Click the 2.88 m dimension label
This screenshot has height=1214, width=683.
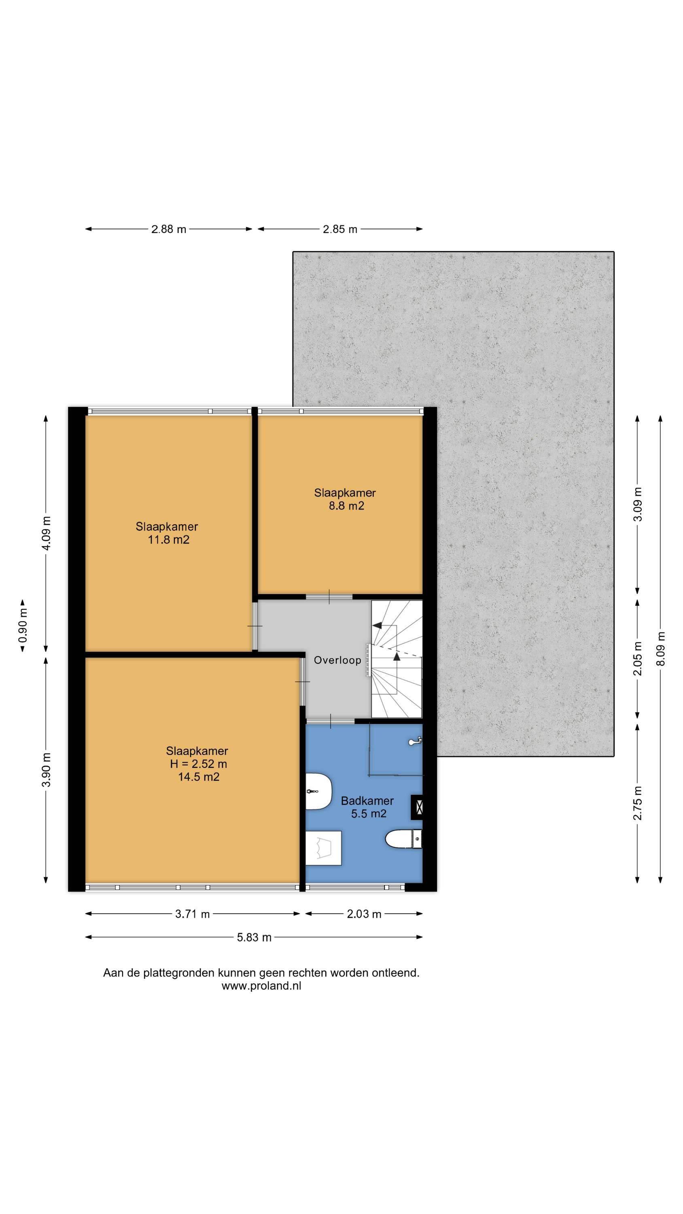coord(168,229)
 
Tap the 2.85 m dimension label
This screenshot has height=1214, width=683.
coord(340,229)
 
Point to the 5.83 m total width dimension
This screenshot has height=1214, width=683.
coord(254,937)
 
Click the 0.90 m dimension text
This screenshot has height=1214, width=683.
coord(23,625)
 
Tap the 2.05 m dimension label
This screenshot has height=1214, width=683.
coord(637,658)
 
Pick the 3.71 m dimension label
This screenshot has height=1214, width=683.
coord(192,914)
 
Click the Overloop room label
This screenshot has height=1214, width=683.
coord(337,660)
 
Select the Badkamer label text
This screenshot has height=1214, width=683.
coord(367,801)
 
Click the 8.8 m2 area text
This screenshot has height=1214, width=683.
coord(346,506)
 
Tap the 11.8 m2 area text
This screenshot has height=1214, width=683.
coord(169,539)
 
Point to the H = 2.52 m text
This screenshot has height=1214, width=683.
coord(198,764)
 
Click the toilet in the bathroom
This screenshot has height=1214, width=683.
coord(403,839)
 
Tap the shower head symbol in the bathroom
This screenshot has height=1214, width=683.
coord(415,742)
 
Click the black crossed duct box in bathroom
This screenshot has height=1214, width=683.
coord(417,807)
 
